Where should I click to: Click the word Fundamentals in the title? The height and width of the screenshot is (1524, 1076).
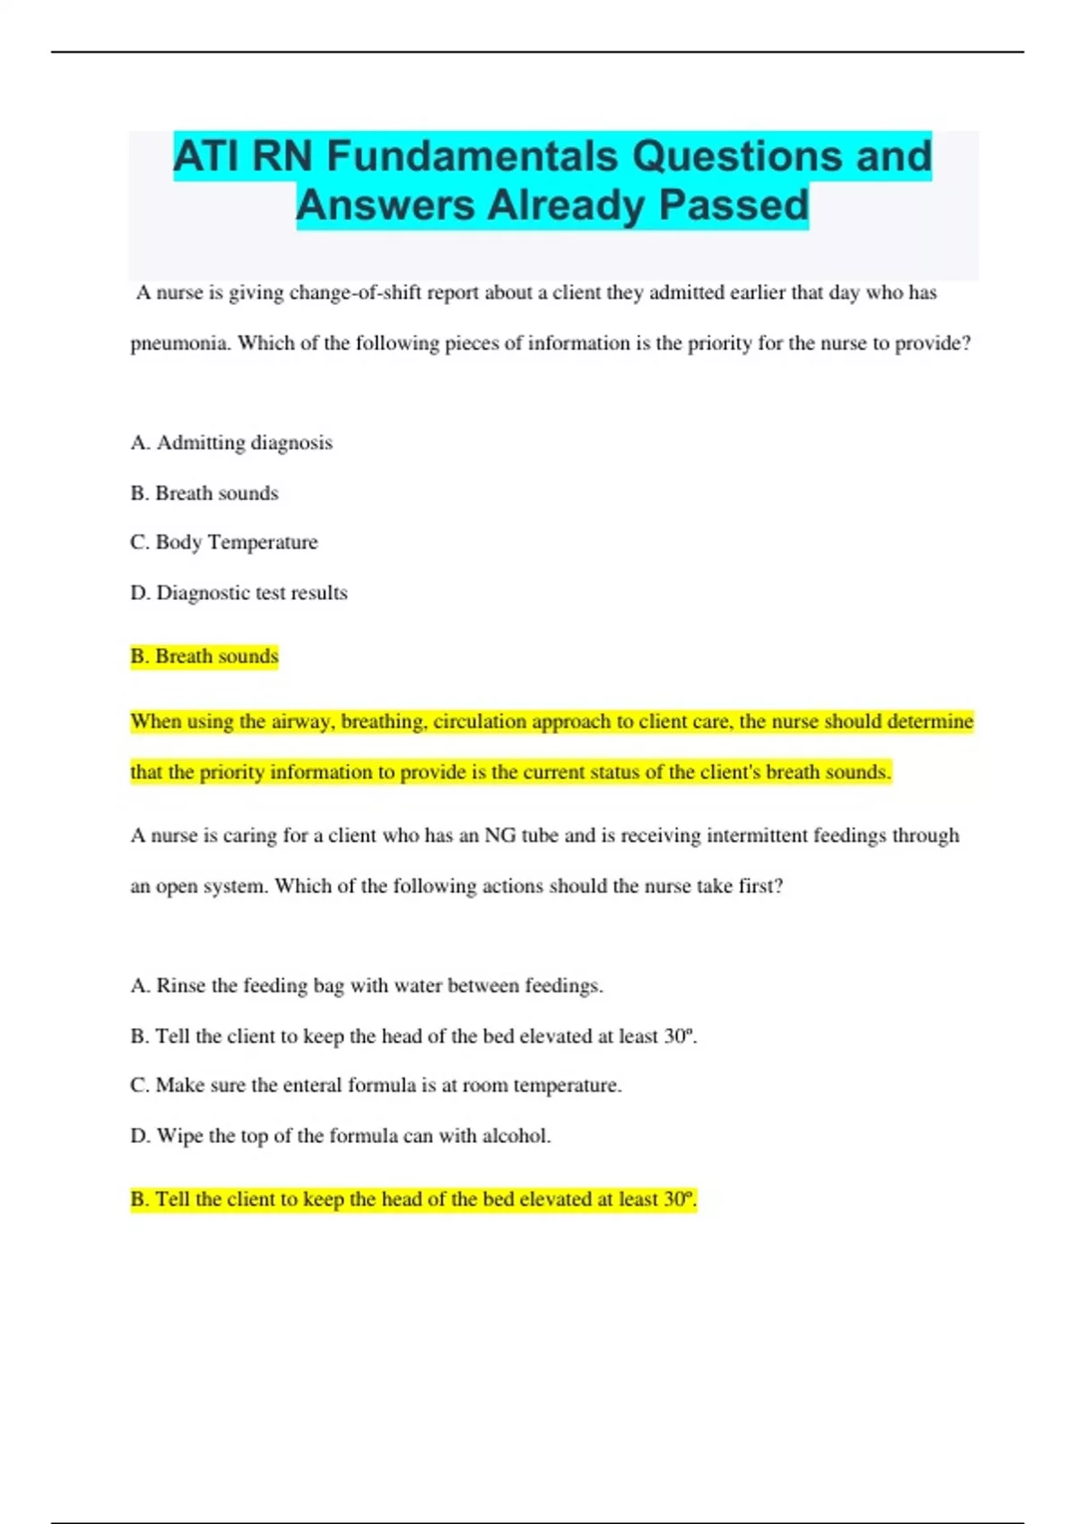[473, 156]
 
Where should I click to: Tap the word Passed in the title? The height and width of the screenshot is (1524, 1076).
[734, 204]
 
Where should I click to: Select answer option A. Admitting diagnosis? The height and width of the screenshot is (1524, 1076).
[231, 443]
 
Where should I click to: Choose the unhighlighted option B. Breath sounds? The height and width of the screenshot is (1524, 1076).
[204, 493]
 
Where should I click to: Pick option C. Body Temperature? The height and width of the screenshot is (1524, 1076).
[224, 542]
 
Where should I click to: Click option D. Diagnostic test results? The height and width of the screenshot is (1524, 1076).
[239, 593]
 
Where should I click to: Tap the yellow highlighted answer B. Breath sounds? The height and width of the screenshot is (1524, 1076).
[204, 656]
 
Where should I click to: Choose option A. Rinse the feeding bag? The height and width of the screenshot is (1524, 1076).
[367, 986]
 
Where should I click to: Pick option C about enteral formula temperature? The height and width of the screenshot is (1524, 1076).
[376, 1086]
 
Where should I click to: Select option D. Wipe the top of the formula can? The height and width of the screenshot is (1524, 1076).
[341, 1136]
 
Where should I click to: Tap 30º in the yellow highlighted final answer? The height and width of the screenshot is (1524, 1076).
[679, 1199]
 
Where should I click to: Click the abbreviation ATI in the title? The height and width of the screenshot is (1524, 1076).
[206, 156]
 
